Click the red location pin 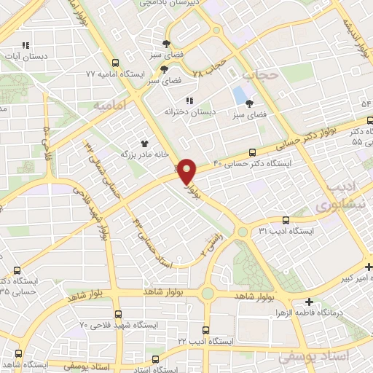click(187, 170)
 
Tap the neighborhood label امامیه click(109, 106)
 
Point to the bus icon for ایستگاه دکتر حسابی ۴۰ click(253, 153)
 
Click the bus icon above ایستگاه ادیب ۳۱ click(285, 219)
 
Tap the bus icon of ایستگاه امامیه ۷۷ click(115, 63)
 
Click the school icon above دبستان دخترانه click(189, 100)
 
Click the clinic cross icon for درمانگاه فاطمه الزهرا click(310, 302)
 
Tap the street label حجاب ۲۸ click(208, 68)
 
